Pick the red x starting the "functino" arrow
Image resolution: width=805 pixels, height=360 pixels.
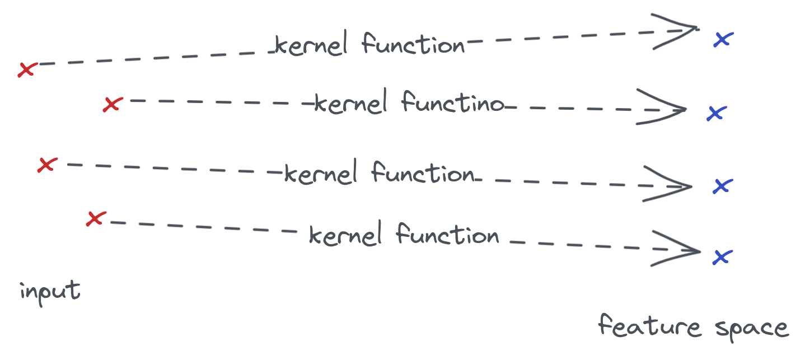pyautogui.click(x=112, y=104)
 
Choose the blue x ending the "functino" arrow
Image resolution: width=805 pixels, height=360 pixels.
pyautogui.click(x=716, y=114)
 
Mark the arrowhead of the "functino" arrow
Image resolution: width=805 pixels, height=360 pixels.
pyautogui.click(x=666, y=107)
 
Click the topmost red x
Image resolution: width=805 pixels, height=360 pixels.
pyautogui.click(x=26, y=69)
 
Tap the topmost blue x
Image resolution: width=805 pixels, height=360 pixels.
pyautogui.click(x=723, y=39)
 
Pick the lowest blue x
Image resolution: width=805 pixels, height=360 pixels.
pyautogui.click(x=722, y=257)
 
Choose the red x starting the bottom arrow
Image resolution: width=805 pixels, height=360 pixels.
pyautogui.click(x=95, y=218)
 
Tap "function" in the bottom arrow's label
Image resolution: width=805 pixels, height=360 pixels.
pyautogui.click(x=447, y=235)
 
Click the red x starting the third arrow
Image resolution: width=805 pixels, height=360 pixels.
pyautogui.click(x=47, y=165)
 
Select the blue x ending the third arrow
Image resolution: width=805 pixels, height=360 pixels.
pyautogui.click(x=722, y=186)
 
